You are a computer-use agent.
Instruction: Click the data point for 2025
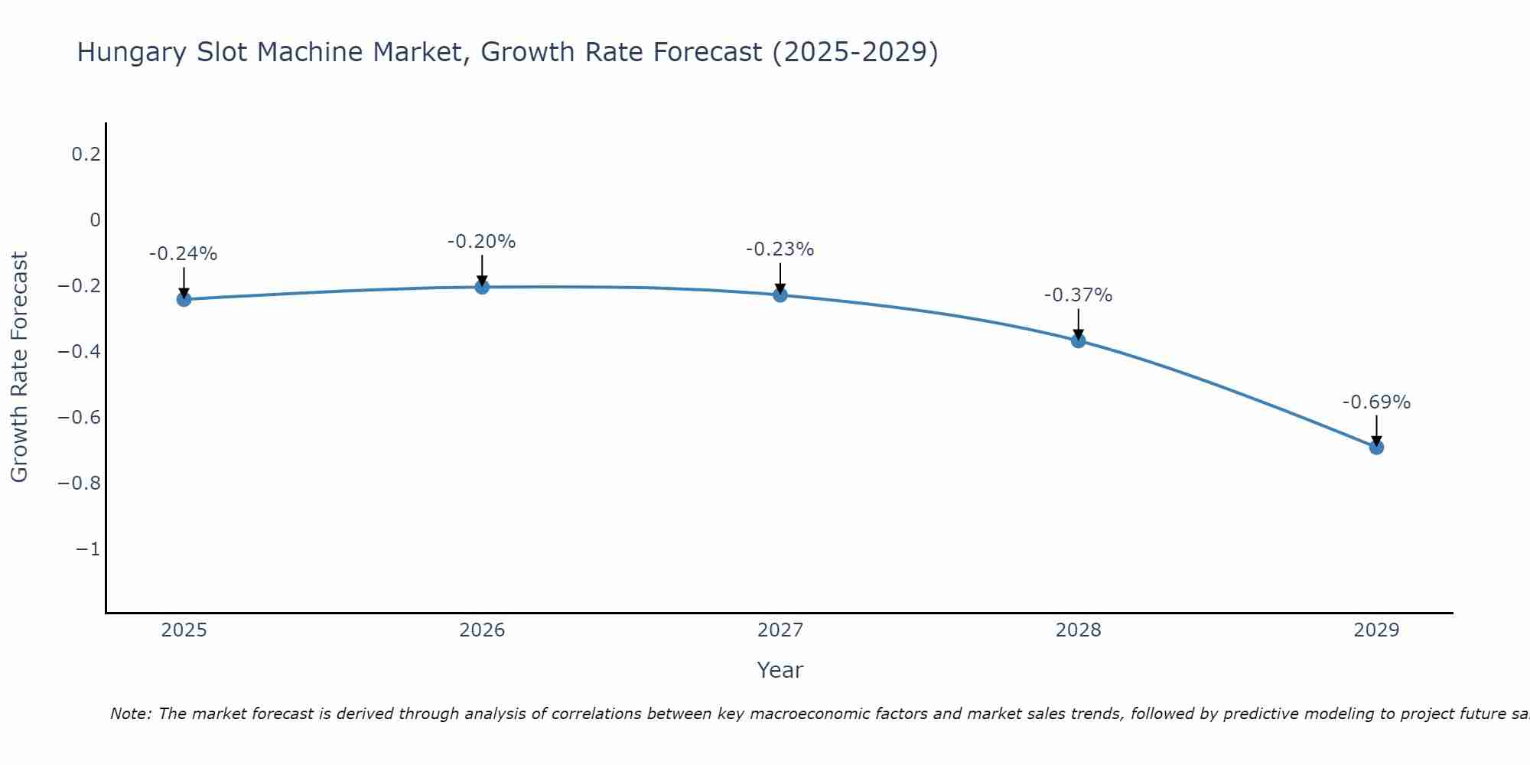pyautogui.click(x=184, y=299)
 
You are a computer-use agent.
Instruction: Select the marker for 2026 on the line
pyautogui.click(x=482, y=287)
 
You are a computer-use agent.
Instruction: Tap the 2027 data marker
pyautogui.click(x=780, y=295)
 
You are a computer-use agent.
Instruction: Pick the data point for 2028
pyautogui.click(x=1078, y=340)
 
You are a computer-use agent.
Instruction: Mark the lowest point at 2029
pyautogui.click(x=1376, y=447)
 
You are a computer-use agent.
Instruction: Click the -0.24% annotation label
pyautogui.click(x=184, y=254)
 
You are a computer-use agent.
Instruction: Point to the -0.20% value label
pyautogui.click(x=482, y=242)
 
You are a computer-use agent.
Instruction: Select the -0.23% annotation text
pyautogui.click(x=780, y=249)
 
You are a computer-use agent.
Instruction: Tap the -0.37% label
pyautogui.click(x=1078, y=295)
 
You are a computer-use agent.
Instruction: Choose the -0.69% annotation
pyautogui.click(x=1376, y=402)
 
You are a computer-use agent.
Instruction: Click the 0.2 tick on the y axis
pyautogui.click(x=86, y=155)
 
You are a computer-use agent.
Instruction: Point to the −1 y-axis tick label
pyautogui.click(x=87, y=549)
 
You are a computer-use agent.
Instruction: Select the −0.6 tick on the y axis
pyautogui.click(x=80, y=418)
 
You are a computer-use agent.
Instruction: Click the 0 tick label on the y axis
pyautogui.click(x=95, y=220)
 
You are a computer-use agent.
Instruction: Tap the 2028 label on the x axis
pyautogui.click(x=1078, y=630)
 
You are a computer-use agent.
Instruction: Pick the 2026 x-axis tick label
pyautogui.click(x=482, y=630)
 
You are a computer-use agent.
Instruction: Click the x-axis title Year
pyautogui.click(x=780, y=670)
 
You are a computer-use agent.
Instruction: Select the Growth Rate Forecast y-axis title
pyautogui.click(x=19, y=367)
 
